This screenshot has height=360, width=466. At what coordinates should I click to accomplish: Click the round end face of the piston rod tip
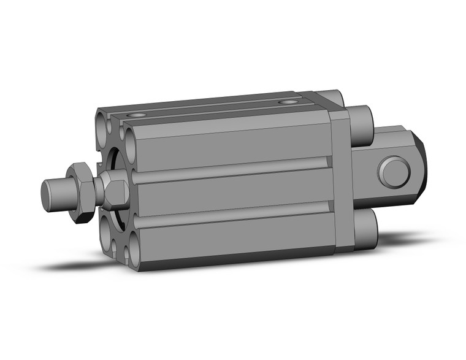47,194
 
